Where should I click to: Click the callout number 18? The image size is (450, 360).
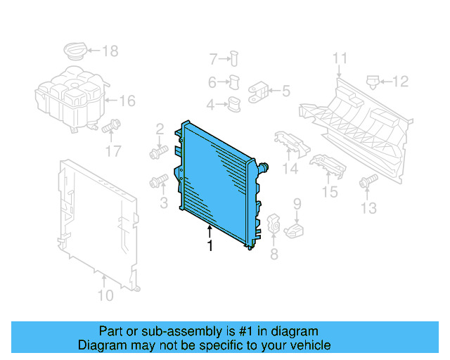pos(110,51)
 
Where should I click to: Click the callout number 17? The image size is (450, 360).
pos(113,150)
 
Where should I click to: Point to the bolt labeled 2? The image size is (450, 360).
pos(156,151)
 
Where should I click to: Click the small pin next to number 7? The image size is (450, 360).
pos(234,58)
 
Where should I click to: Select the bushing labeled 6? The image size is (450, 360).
pos(236,82)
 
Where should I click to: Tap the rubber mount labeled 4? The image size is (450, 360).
pos(233,105)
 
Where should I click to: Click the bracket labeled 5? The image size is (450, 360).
pos(257,91)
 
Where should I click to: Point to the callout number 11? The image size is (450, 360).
pos(340,58)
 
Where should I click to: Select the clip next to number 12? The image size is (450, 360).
pos(373,82)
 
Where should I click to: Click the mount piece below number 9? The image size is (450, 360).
pos(297,231)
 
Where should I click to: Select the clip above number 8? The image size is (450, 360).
pos(274,226)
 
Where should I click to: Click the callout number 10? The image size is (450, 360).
pos(105,295)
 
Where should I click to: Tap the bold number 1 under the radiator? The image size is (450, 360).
pos(209,245)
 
